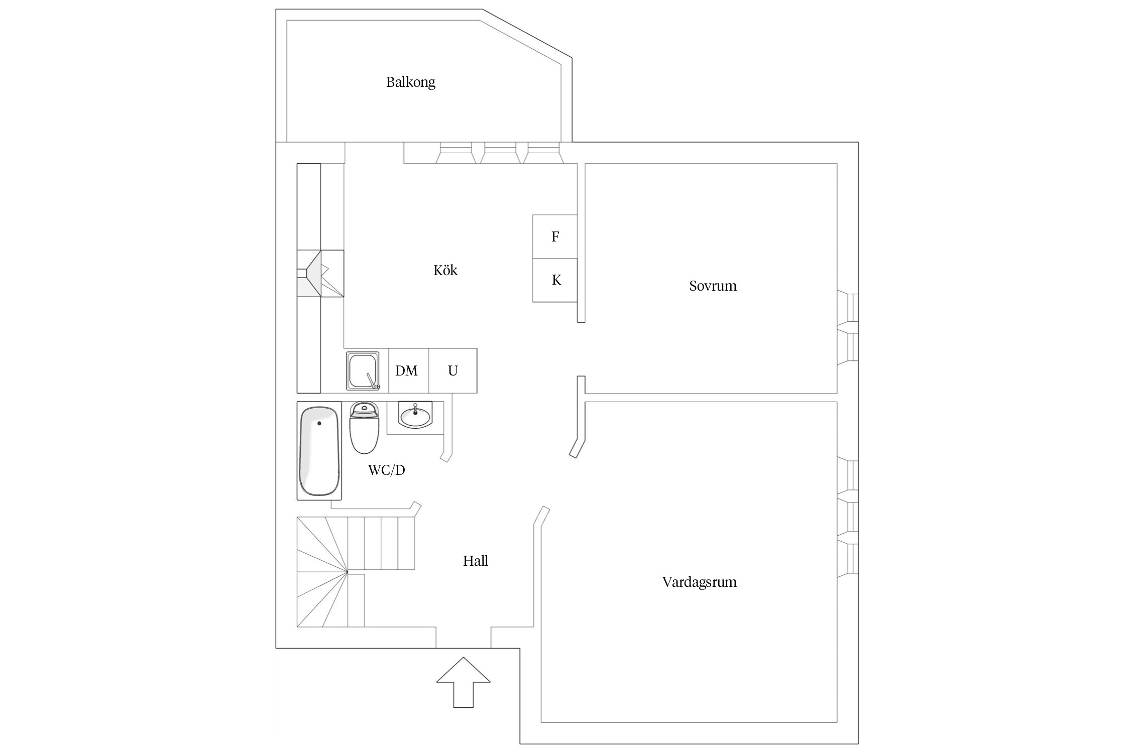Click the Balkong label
coord(410,82)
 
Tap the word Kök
coord(445,271)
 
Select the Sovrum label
coord(712,286)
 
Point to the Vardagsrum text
coord(699,582)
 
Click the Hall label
coord(475,561)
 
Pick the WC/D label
coord(386,470)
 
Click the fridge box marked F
coord(555,236)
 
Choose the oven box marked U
coord(453,371)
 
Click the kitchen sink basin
coord(362,370)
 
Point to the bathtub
coord(319,451)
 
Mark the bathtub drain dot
coord(319,424)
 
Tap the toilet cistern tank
coord(364,409)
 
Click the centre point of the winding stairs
coord(347,571)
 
